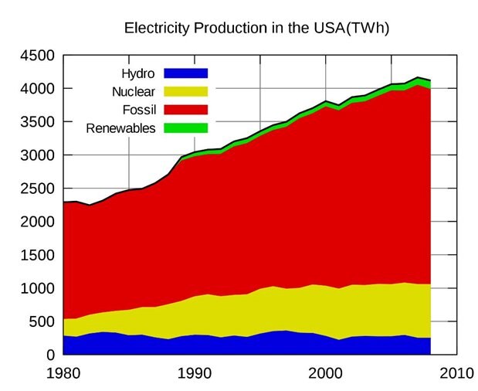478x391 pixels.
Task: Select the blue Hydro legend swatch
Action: [185, 74]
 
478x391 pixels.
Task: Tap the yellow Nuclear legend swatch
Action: [185, 92]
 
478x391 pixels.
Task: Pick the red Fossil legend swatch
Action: [185, 110]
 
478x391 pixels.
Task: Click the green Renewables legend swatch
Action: [185, 127]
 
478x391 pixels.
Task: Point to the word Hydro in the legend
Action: [138, 74]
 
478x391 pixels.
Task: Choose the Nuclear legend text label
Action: [133, 92]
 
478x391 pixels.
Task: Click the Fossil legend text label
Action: [139, 110]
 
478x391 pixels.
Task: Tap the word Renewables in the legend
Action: [121, 127]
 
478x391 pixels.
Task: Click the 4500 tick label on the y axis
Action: [36, 56]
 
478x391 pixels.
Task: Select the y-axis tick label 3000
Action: [36, 155]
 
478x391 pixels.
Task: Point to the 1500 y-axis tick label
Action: [36, 255]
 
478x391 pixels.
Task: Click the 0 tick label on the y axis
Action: [50, 355]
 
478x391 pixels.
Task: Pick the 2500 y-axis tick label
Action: [36, 189]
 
